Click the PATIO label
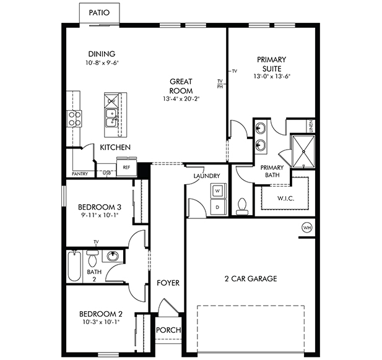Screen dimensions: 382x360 pyautogui.click(x=99, y=12)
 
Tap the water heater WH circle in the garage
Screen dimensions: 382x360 pyautogui.click(x=306, y=228)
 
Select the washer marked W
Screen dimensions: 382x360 pyautogui.click(x=217, y=191)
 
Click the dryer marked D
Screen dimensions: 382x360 pyautogui.click(x=217, y=207)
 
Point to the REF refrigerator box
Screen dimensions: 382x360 pyautogui.click(x=126, y=167)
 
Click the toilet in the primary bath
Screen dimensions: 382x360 pyautogui.click(x=241, y=207)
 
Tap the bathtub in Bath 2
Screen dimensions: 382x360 pyautogui.click(x=74, y=266)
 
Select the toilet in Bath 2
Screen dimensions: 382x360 pyautogui.click(x=92, y=259)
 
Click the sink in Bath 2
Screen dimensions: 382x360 pyautogui.click(x=112, y=256)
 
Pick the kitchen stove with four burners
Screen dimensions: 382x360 pyautogui.click(x=74, y=119)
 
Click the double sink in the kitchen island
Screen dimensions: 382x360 pyautogui.click(x=111, y=118)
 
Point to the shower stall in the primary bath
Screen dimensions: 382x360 pyautogui.click(x=303, y=152)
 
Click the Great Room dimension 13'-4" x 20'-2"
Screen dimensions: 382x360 pyautogui.click(x=181, y=99)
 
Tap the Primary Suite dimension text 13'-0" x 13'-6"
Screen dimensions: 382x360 pyautogui.click(x=272, y=77)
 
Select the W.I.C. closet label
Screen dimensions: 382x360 pyautogui.click(x=286, y=198)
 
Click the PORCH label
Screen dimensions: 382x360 pyautogui.click(x=168, y=330)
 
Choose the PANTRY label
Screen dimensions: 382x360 pyautogui.click(x=80, y=174)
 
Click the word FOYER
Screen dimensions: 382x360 pyautogui.click(x=168, y=283)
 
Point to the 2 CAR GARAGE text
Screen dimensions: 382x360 pyautogui.click(x=251, y=279)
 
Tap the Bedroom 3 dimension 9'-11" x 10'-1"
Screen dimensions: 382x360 pyautogui.click(x=98, y=215)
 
